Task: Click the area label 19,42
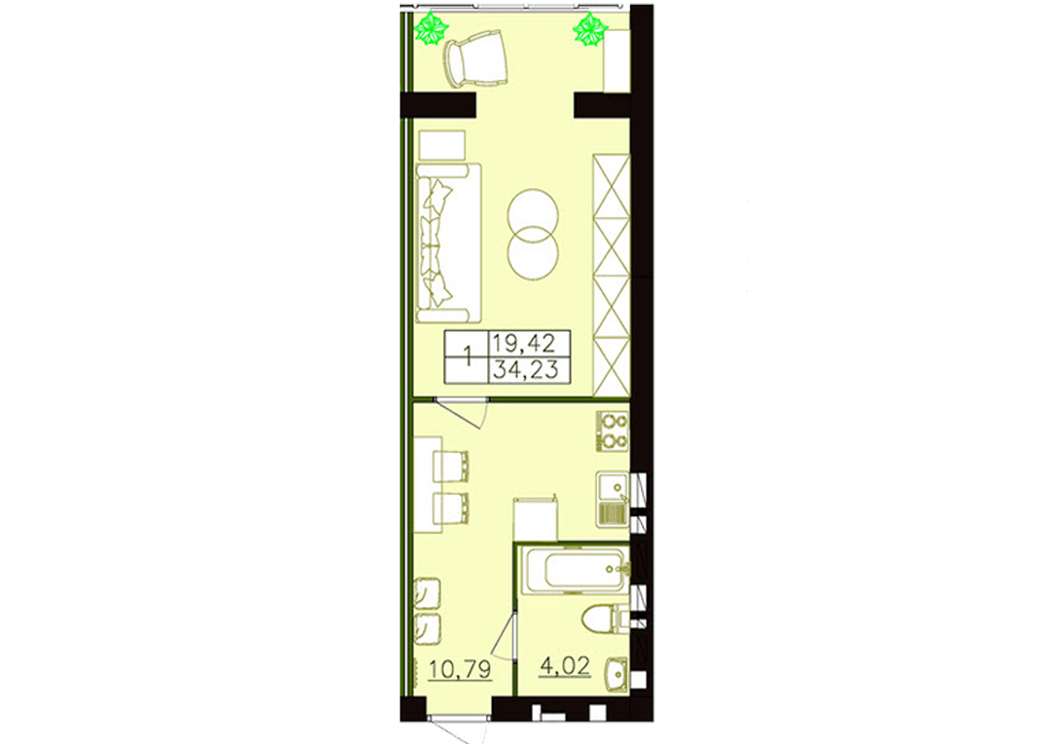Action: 524,344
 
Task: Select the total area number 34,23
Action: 525,369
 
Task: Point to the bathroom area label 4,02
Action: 565,665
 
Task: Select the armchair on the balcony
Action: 475,59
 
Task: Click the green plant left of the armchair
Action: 431,29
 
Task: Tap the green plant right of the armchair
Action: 590,29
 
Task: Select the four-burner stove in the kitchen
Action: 613,430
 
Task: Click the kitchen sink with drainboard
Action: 612,499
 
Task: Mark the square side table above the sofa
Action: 441,145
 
